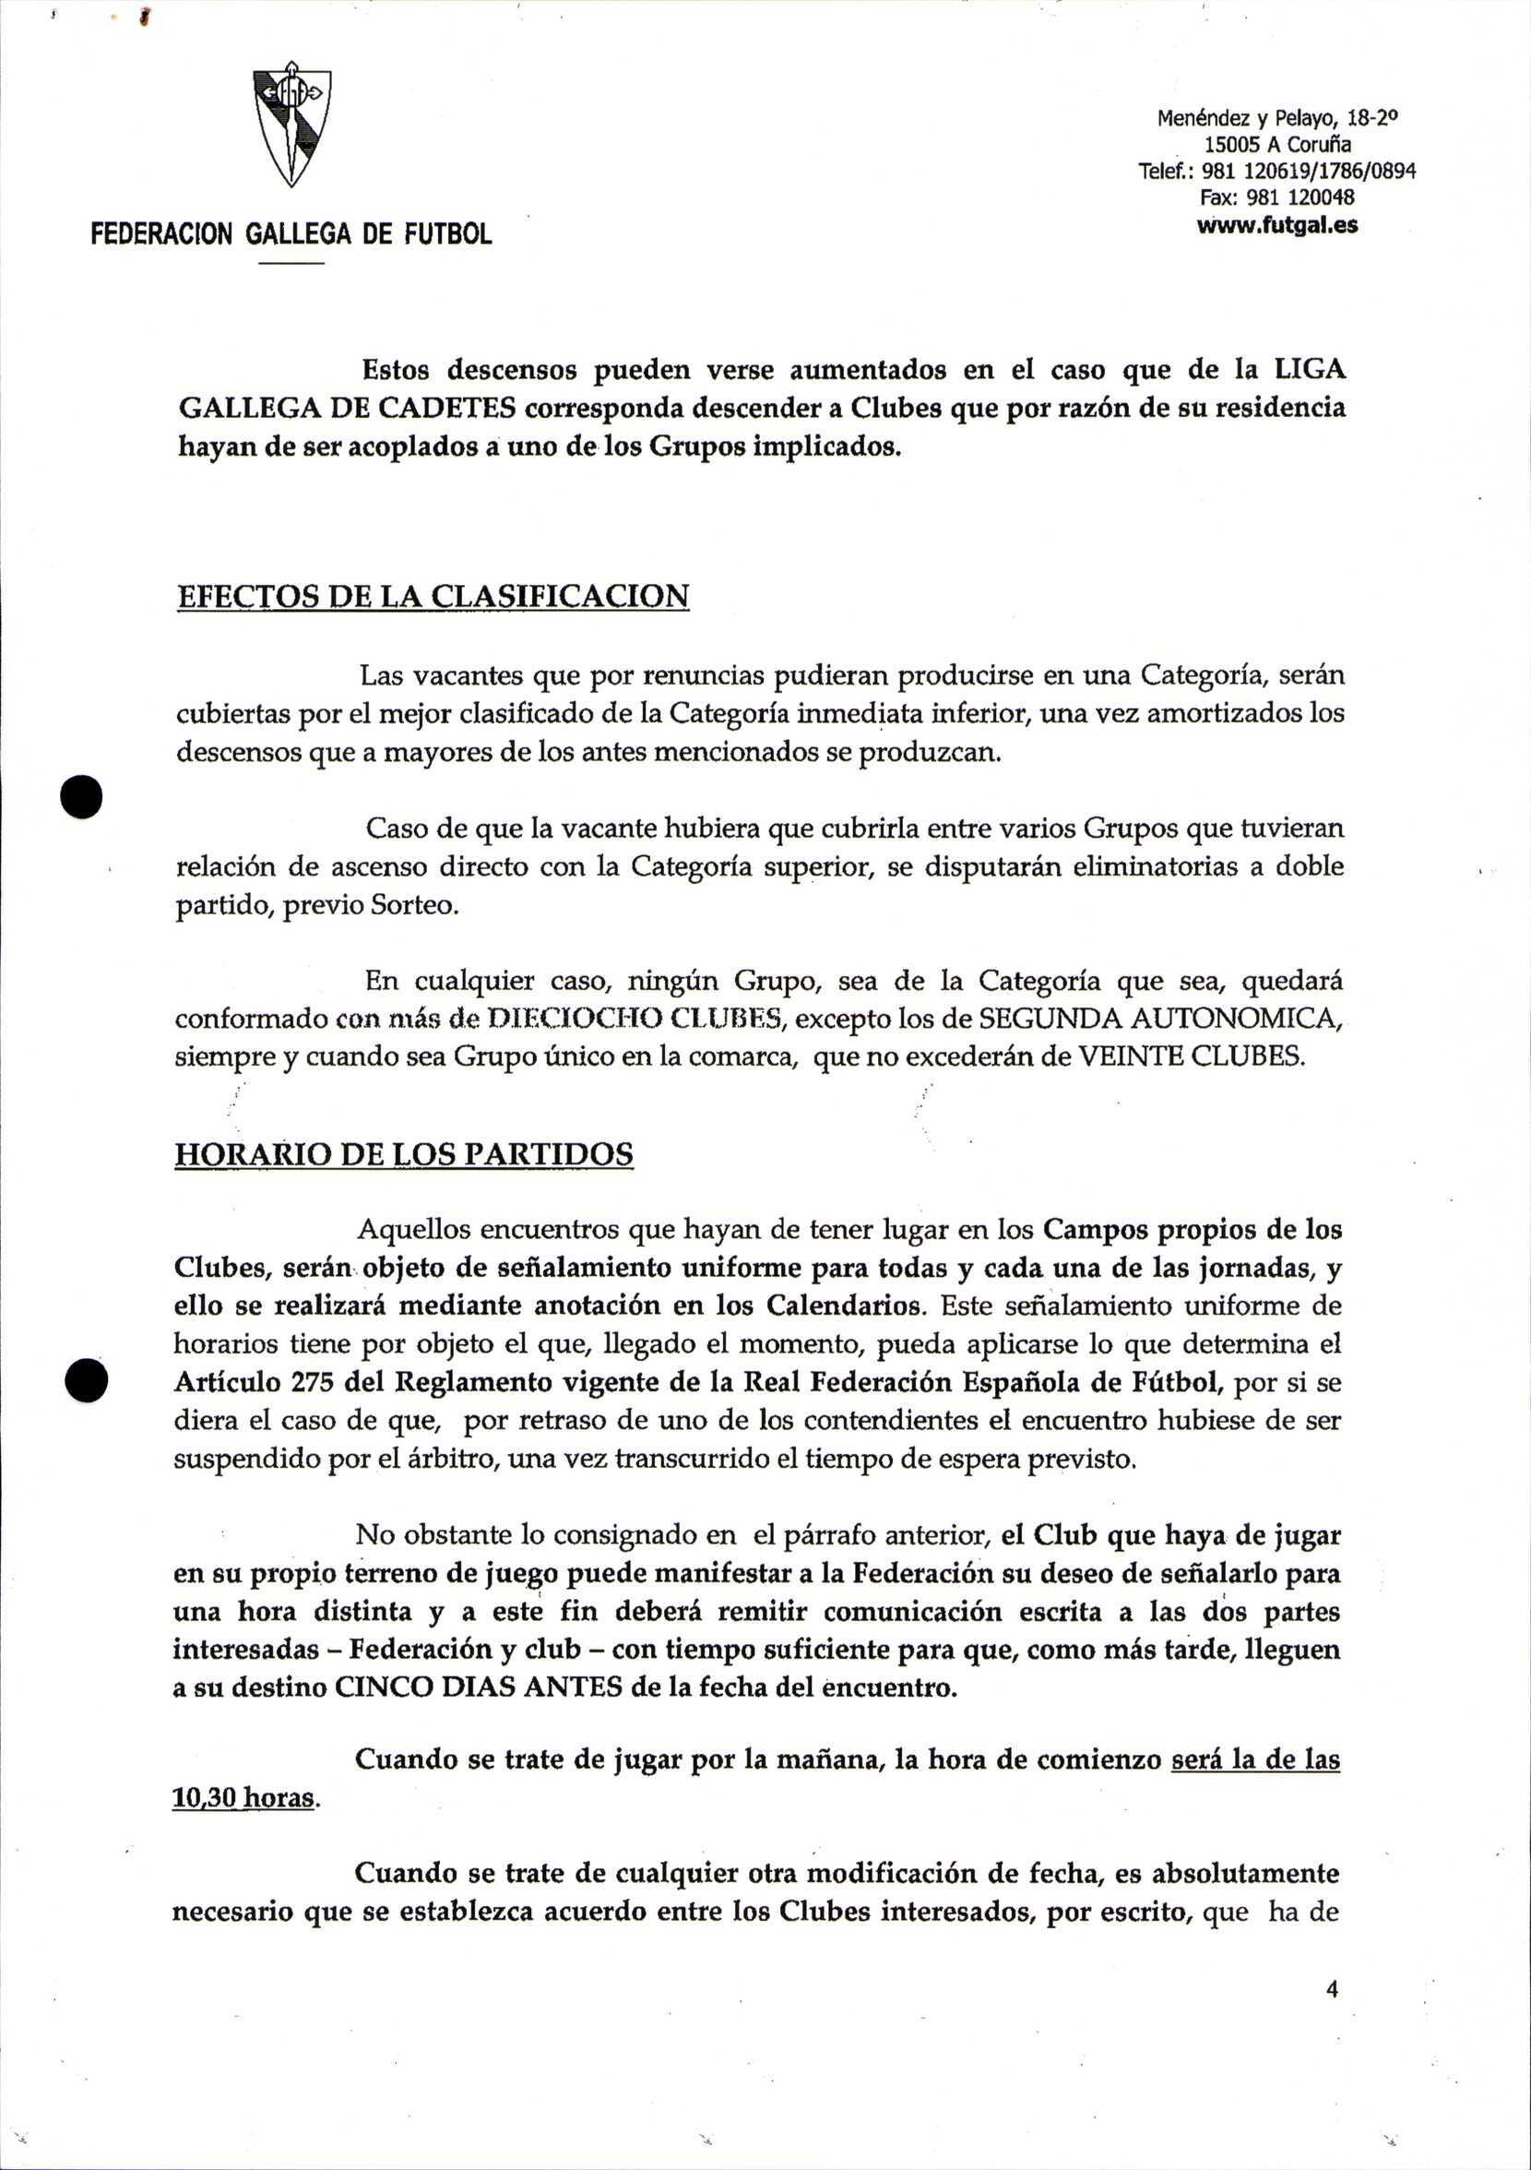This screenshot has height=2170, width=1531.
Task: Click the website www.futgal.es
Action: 1276,226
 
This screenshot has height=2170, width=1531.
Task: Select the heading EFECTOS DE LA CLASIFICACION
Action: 433,597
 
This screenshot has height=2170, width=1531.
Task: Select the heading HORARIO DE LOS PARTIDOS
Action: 404,1155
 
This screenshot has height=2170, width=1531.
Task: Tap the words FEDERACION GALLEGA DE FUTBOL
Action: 291,234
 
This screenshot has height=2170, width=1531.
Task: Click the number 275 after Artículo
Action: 311,1382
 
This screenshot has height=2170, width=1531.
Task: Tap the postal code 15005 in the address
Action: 1232,146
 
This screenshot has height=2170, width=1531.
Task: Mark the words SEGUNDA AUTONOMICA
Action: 1159,1019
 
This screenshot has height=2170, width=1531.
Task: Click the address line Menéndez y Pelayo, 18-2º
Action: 1276,119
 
